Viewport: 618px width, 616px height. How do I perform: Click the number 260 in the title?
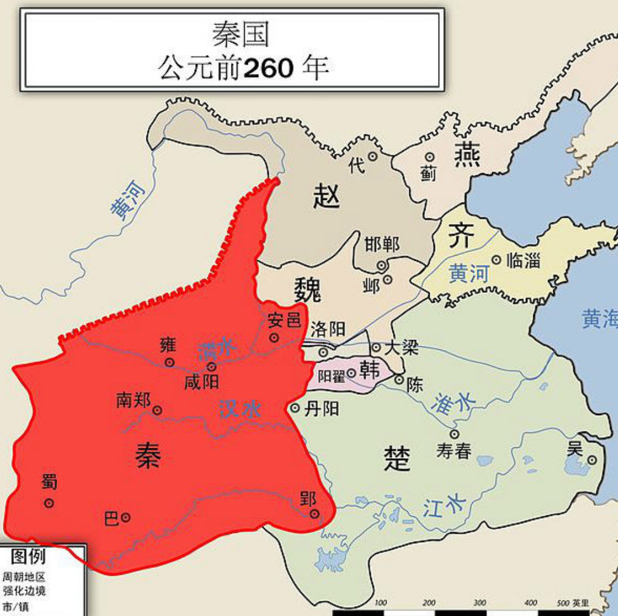[268, 69]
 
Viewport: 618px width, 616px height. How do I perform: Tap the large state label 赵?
[326, 194]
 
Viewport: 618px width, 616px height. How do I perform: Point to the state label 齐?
[461, 236]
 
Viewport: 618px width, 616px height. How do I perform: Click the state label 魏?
[307, 289]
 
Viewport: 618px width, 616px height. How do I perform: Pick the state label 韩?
[370, 370]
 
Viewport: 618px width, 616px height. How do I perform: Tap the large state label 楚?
[397, 458]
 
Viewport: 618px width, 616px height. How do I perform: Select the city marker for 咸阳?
[212, 367]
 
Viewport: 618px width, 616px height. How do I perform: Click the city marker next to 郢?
[315, 514]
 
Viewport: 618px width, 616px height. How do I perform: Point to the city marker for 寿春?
[454, 434]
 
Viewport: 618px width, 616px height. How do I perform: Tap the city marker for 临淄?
[496, 260]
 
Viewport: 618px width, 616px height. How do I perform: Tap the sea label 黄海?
[599, 318]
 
